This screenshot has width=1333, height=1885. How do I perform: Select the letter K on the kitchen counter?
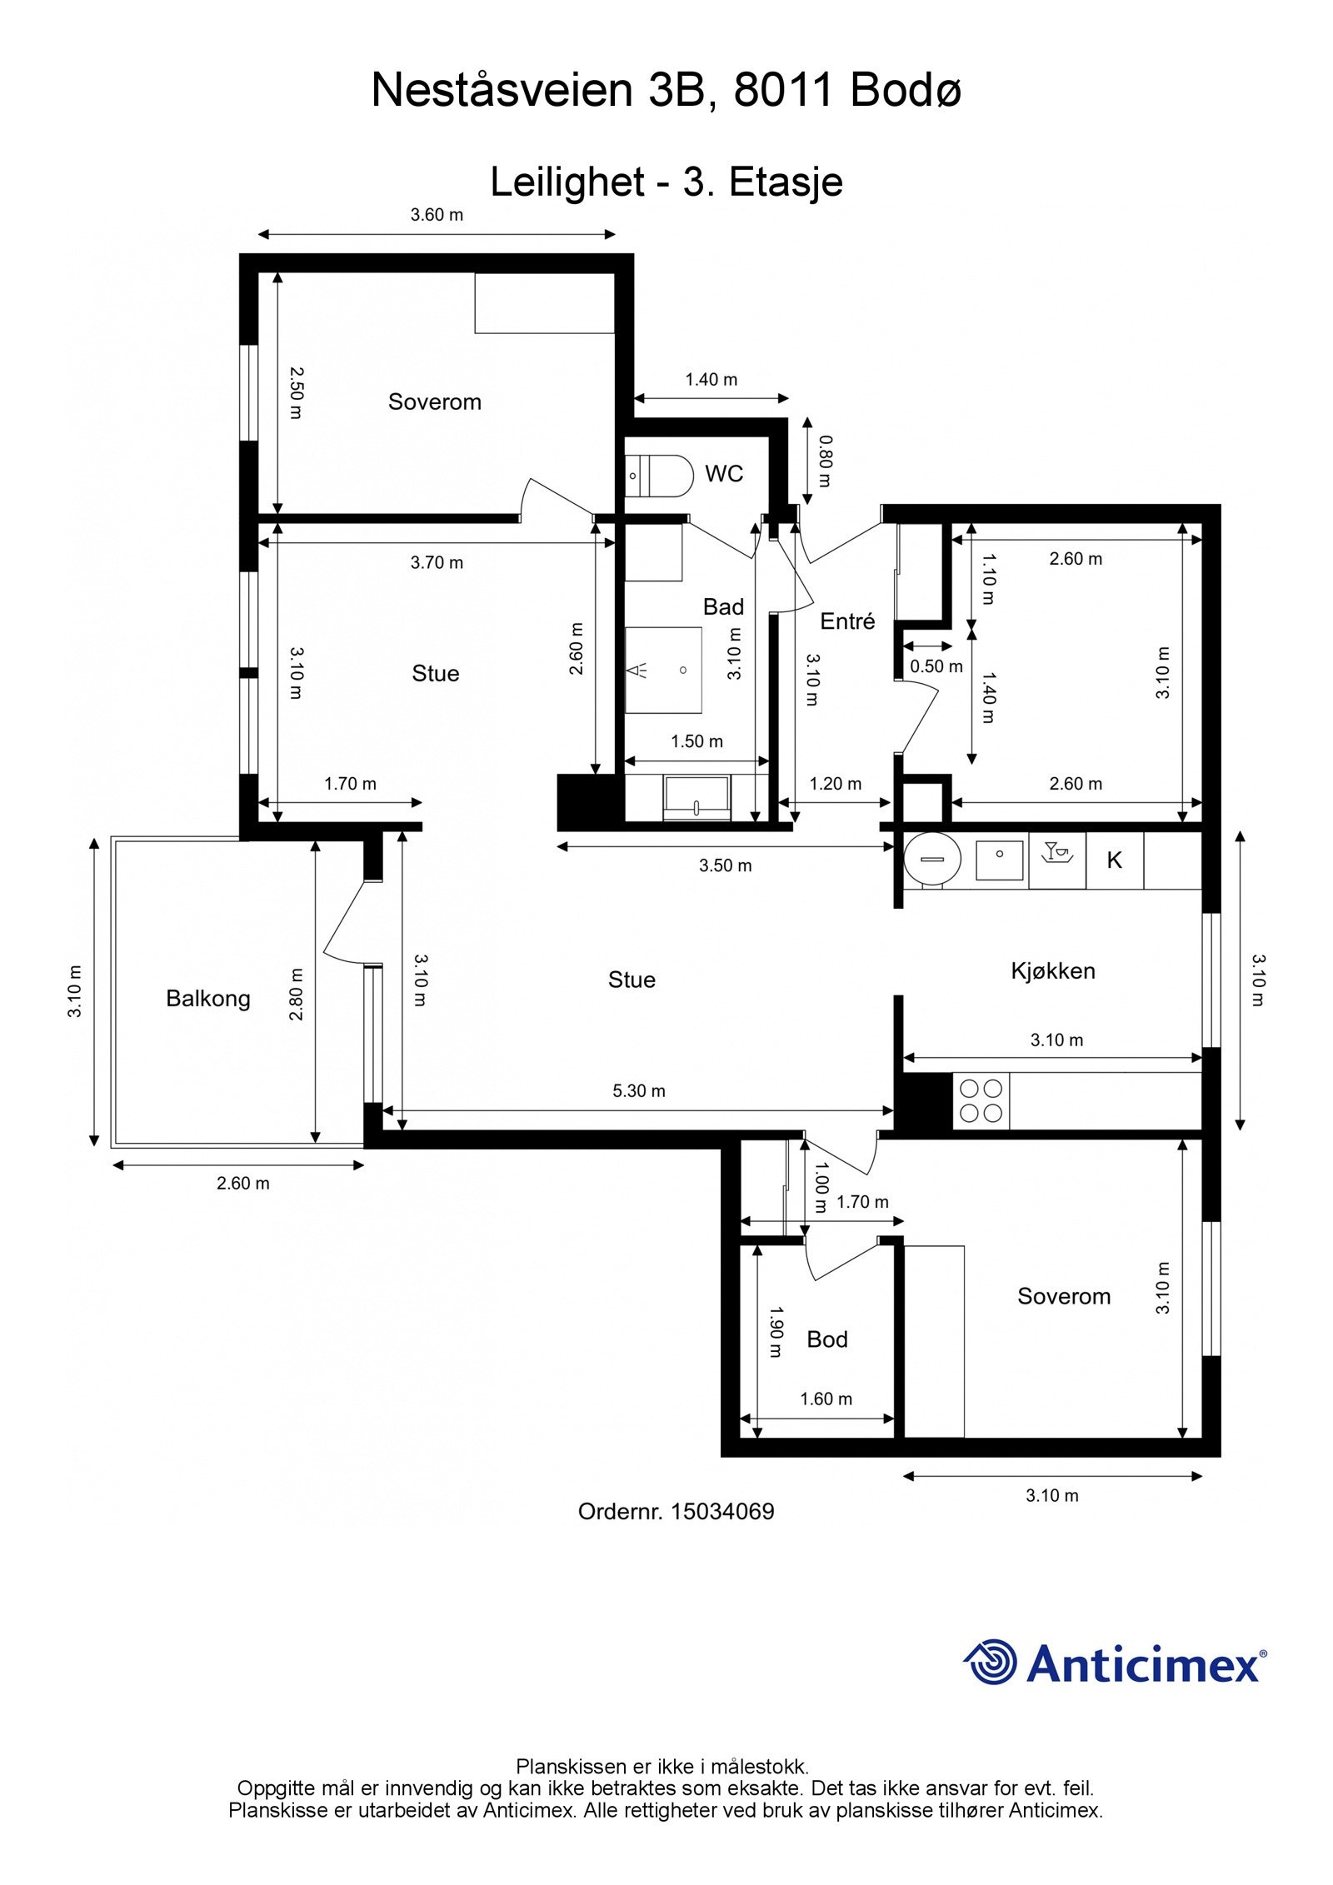coord(1114,860)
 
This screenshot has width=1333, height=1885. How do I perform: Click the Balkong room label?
coord(208,998)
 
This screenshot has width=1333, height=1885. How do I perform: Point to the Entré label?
coord(847,621)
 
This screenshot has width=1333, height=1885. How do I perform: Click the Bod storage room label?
coord(827,1339)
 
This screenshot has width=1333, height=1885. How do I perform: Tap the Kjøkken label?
coord(1053,971)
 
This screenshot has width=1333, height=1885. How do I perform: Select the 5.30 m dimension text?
coord(639,1090)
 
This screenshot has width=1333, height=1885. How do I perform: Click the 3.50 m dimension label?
coord(726,865)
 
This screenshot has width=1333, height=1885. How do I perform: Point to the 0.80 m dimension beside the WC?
coord(824,461)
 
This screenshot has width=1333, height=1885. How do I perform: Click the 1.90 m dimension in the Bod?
coord(774,1332)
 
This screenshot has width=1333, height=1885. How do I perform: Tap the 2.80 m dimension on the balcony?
coord(296,994)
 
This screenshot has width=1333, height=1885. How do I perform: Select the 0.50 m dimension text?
coord(936,666)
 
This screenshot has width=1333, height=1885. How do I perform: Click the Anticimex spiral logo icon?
coord(991,1662)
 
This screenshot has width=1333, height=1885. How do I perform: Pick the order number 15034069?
coord(722,1511)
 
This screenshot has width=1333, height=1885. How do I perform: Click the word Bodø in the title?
coord(906,90)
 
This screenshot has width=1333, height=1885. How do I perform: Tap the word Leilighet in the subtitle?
coord(567,182)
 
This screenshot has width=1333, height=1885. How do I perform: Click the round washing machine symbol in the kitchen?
coord(933,859)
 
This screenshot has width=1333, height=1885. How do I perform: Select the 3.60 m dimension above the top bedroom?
coord(437,215)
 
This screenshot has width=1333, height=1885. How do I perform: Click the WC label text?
coord(724,474)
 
